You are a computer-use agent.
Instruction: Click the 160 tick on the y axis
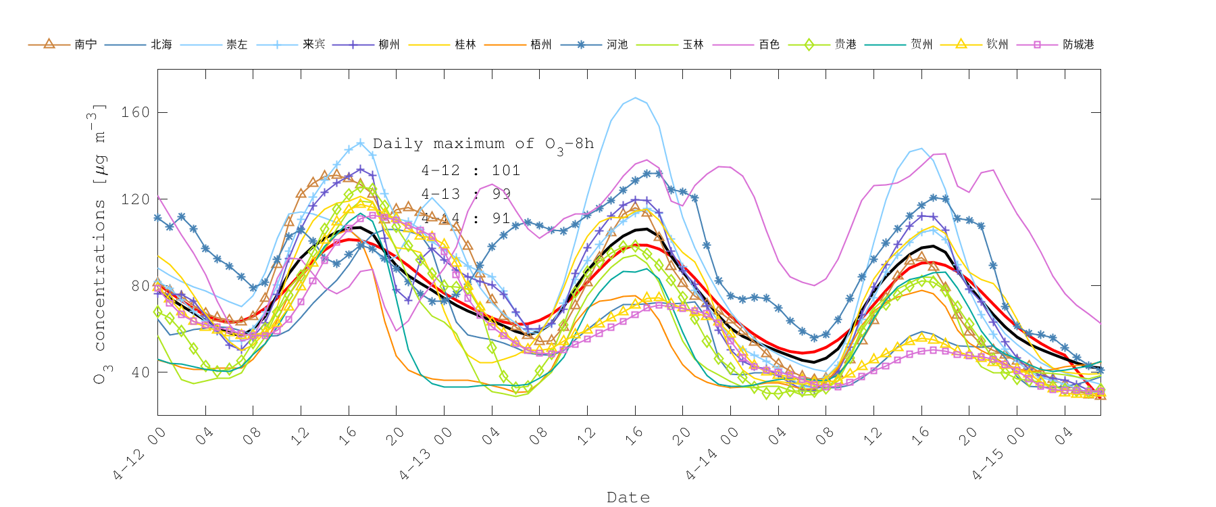coord(135,112)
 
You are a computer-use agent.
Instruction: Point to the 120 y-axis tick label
coord(135,199)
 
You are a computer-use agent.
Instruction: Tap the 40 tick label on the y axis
coord(140,372)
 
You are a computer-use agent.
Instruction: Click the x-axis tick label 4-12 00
coord(141,454)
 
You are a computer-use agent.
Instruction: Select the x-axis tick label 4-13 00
coord(426,454)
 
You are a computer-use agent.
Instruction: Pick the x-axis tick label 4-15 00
coord(999,454)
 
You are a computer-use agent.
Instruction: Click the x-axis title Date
coord(628,498)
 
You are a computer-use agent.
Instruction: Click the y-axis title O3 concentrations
coord(99,243)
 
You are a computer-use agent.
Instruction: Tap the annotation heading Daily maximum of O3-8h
coord(483,144)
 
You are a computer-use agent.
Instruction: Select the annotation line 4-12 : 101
coord(471,170)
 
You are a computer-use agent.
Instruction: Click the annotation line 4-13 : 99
coord(466,194)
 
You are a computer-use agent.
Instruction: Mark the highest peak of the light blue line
coord(635,97)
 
